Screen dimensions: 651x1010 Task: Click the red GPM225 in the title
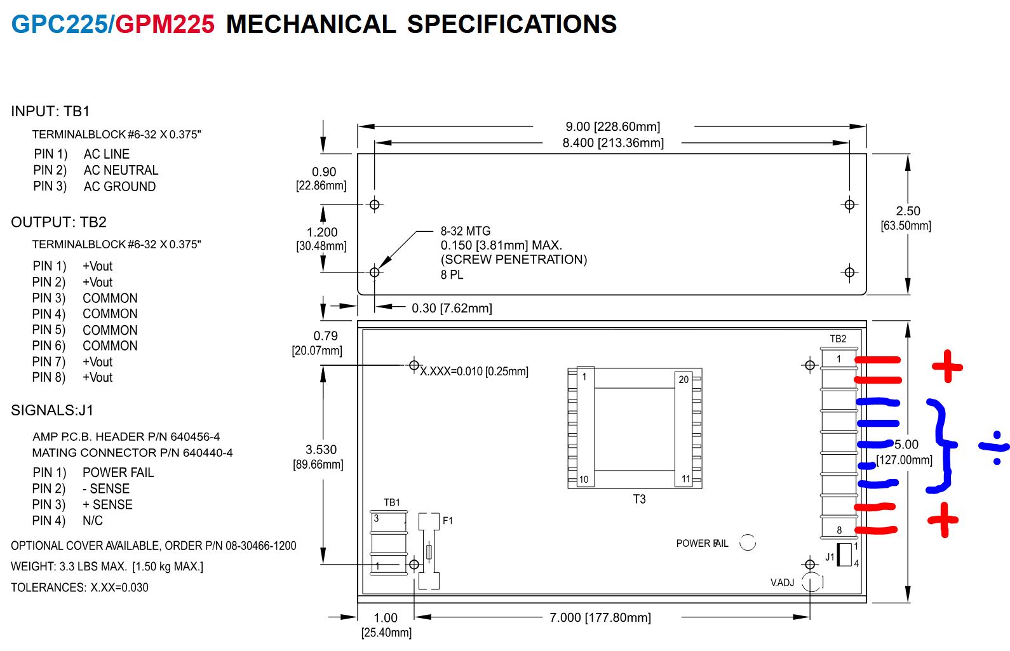[x=165, y=24]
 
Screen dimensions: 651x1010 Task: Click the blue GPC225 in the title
[x=60, y=24]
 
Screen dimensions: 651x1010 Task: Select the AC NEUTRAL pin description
[x=121, y=170]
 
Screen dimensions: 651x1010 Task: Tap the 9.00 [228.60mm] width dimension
[x=612, y=127]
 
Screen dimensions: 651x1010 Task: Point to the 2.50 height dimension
[x=908, y=211]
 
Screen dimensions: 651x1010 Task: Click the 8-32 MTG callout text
[x=466, y=231]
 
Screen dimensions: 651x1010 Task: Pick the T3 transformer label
[x=639, y=499]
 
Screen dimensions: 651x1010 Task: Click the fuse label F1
[x=448, y=521]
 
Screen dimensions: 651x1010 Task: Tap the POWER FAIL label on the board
[x=702, y=544]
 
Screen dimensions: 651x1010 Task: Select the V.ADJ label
[x=782, y=582]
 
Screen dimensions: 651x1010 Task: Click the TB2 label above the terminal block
[x=838, y=339]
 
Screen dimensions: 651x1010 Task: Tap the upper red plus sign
[x=947, y=366]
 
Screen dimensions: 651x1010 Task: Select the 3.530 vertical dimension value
[x=321, y=450]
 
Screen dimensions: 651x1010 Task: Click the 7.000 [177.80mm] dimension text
[x=600, y=617]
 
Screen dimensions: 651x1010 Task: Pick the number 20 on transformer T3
[x=683, y=380]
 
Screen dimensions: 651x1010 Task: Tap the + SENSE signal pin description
[x=107, y=505]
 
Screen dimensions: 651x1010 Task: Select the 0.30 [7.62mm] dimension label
[x=452, y=309]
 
